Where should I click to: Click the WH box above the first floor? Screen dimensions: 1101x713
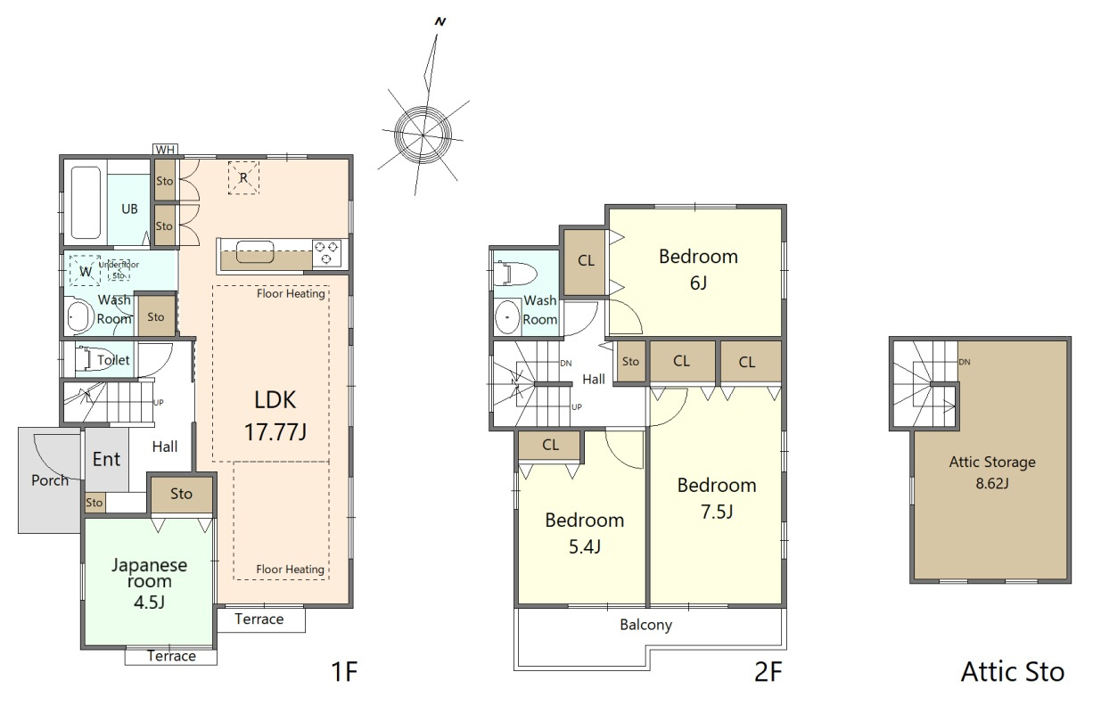point(165,150)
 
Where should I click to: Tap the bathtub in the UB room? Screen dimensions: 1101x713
point(86,202)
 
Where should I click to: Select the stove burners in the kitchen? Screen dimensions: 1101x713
point(327,252)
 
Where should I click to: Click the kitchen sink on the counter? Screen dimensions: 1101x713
point(255,251)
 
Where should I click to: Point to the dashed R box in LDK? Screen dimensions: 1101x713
point(243,177)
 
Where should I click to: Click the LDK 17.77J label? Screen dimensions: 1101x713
point(275,415)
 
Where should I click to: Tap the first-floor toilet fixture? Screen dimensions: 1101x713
point(86,359)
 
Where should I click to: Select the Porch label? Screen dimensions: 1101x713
point(50,480)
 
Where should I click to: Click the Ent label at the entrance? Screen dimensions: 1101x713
point(106,459)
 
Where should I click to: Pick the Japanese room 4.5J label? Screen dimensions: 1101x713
point(150,583)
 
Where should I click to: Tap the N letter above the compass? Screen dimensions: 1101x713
point(440,21)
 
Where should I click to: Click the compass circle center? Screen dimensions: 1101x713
point(423,135)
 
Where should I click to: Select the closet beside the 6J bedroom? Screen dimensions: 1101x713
point(586,262)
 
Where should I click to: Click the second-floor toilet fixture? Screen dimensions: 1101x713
point(514,274)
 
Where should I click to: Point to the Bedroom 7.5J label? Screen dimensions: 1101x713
point(717,498)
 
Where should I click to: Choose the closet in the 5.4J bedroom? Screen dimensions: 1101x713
point(551,446)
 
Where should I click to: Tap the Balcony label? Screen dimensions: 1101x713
point(645,625)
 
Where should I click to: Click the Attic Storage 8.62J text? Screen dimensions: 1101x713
point(992,472)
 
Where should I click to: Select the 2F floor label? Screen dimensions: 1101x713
point(768,672)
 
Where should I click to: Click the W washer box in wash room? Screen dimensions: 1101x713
point(86,271)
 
